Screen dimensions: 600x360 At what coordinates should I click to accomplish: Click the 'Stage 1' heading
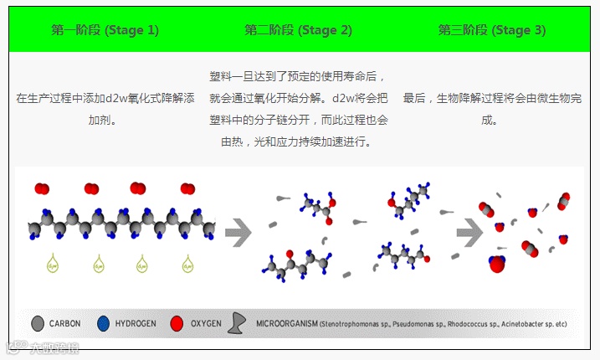point(105,30)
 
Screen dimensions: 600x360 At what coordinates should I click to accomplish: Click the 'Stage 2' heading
point(298,30)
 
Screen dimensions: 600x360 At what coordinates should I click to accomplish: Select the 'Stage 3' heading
point(492,30)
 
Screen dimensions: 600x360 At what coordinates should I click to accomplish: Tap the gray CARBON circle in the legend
point(37,323)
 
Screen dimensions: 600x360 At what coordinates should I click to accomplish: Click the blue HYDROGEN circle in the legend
point(103,323)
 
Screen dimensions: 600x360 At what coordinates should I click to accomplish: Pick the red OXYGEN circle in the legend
point(176,323)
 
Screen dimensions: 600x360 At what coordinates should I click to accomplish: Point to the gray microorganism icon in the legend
point(238,323)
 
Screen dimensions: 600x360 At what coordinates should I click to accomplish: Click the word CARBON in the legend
point(65,323)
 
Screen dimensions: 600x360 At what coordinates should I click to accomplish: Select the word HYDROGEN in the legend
point(135,323)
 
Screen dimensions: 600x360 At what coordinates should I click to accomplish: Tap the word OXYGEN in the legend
point(206,323)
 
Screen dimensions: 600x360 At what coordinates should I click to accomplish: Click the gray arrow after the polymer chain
point(238,231)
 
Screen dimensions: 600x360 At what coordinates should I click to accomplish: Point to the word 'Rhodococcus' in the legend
point(471,324)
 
